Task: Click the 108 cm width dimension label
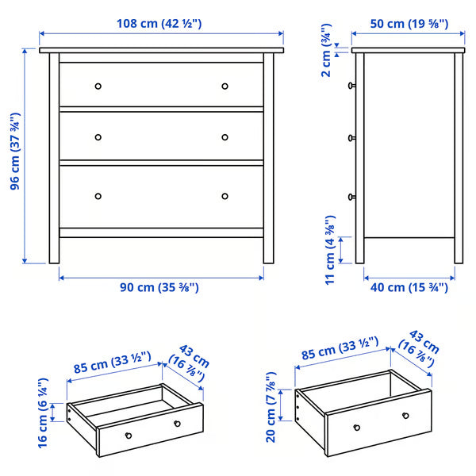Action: click(x=161, y=23)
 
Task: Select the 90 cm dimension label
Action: click(x=161, y=287)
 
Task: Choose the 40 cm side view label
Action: click(x=409, y=287)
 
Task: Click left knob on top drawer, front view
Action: click(x=98, y=86)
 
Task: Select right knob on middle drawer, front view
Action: click(x=225, y=136)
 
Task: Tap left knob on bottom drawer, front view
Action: click(x=98, y=196)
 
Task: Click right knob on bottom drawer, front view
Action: click(x=225, y=196)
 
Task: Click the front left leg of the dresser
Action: click(x=54, y=246)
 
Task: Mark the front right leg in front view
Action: click(x=269, y=246)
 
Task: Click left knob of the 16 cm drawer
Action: click(x=128, y=435)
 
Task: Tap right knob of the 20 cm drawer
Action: click(x=405, y=416)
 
